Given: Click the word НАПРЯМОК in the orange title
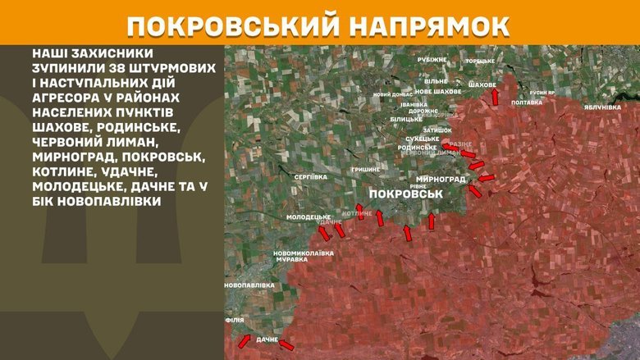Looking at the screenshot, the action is [x=426, y=25].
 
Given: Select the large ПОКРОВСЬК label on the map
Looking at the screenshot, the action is [x=406, y=194].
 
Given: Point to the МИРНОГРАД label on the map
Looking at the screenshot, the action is [x=441, y=179].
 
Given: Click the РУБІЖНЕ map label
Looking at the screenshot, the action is [x=432, y=59].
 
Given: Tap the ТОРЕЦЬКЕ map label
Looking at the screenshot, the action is [x=480, y=62].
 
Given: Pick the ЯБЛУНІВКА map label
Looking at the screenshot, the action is [x=602, y=107].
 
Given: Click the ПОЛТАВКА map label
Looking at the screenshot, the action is [x=526, y=103].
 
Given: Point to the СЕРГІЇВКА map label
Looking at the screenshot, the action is [x=311, y=176].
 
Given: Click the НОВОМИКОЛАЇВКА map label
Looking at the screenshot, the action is [x=304, y=253].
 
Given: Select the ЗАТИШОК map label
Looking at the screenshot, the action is [x=438, y=130].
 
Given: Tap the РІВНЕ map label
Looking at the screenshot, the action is [x=418, y=186].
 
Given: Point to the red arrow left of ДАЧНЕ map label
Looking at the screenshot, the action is [x=243, y=339].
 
